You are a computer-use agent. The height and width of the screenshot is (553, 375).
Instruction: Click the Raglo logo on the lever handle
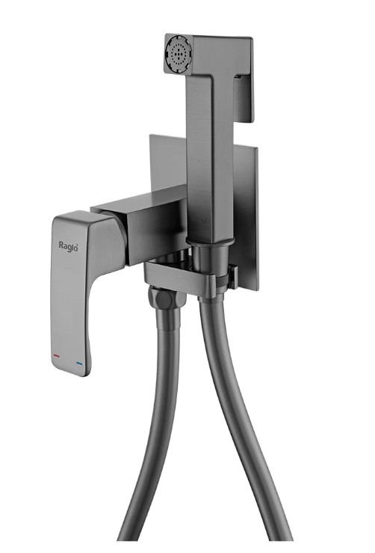[x=68, y=245]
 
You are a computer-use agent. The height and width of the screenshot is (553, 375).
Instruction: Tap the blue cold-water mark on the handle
[x=79, y=363]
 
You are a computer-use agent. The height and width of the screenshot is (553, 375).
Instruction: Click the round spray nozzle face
[x=179, y=52]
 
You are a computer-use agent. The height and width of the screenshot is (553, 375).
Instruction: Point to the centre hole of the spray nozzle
[x=179, y=52]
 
